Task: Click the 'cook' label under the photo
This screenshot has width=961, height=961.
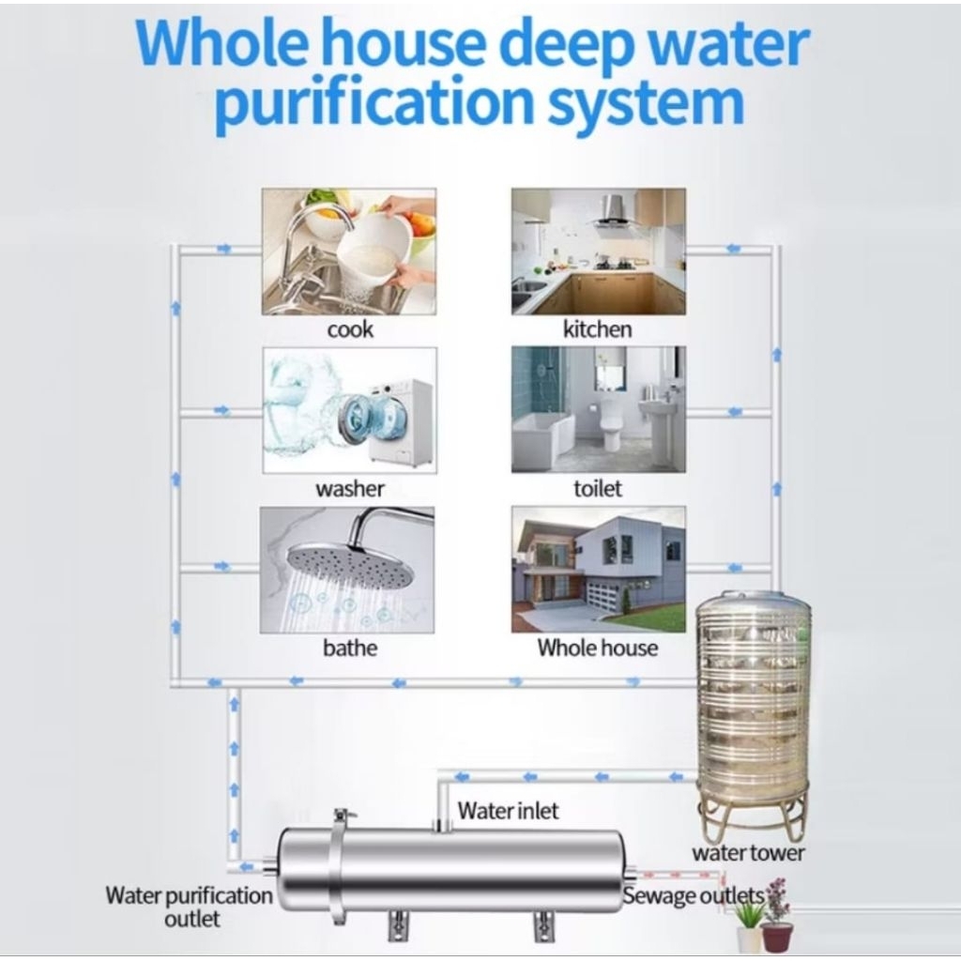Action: tap(350, 329)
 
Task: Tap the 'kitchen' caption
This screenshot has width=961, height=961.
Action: tap(597, 329)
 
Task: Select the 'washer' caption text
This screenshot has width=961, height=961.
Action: tap(350, 489)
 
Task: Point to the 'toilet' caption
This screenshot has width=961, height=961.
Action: tap(598, 489)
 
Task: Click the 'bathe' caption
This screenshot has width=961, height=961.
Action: tap(350, 648)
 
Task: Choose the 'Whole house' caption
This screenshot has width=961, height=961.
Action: tap(598, 648)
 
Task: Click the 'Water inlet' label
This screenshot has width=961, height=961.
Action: tap(508, 811)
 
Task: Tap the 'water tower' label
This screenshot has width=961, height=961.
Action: tap(748, 853)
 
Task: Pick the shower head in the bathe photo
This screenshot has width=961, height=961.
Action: tap(349, 563)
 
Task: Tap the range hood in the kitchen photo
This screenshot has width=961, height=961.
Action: tap(614, 212)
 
